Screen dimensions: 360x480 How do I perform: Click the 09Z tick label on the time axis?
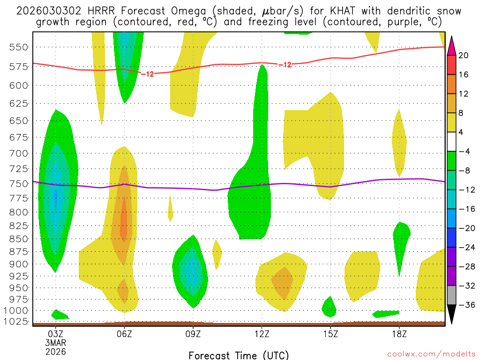coord(193,335)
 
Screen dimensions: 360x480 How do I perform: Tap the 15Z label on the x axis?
coord(330,335)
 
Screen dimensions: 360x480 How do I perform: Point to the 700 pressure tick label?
coord(19,153)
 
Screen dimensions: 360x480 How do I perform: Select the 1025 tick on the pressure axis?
coord(17,322)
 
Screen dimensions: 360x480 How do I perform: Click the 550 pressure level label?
coord(19,47)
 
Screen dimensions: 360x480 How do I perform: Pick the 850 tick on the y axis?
coord(19,239)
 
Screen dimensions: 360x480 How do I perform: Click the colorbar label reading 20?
coord(464,55)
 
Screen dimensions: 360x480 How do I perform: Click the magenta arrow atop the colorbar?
coord(451,45)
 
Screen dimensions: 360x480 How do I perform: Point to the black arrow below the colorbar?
coord(451,314)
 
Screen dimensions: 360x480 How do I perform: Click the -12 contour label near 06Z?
coord(147,74)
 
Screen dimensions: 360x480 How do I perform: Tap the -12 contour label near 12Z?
coord(285,65)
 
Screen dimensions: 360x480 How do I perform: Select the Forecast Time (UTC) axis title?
coord(239,355)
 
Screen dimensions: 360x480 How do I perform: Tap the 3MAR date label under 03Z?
coord(56,343)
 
